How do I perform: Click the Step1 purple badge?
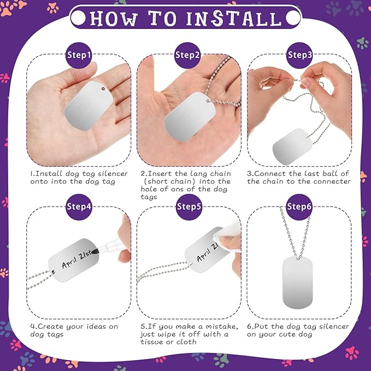[x=79, y=55]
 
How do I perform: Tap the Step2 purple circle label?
[x=187, y=55]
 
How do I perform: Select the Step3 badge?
[x=299, y=55]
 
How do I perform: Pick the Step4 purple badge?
[x=79, y=207]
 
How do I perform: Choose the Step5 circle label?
[x=189, y=207]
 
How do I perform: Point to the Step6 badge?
[x=299, y=207]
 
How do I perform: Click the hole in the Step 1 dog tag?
[x=103, y=89]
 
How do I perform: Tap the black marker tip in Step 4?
[x=95, y=252]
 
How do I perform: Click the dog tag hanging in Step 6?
[x=298, y=282]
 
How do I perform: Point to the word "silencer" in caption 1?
[x=113, y=174]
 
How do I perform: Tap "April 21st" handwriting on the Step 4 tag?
[x=76, y=260]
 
